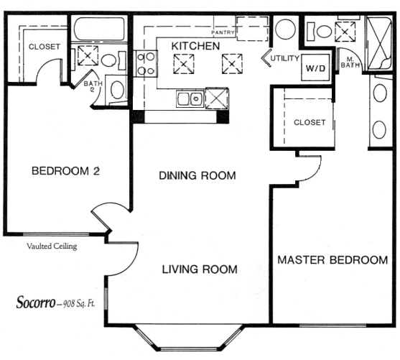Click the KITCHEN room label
coord(195,46)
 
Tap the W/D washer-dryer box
coord(315,68)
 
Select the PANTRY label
coord(223,32)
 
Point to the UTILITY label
coord(284,58)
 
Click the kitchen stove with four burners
coord(145,63)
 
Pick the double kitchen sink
coord(190,98)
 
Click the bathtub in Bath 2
coord(100,29)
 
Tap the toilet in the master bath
coord(320,32)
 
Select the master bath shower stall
coord(379,43)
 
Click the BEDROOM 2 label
coord(65,171)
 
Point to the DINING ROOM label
coord(197,175)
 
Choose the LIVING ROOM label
coord(200,269)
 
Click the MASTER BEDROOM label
coord(332,260)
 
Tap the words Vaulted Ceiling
coord(52,246)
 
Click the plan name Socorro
coord(36,302)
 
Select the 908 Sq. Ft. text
coord(79,304)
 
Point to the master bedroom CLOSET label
coord(310,123)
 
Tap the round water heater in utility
coord(286,29)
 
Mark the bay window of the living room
coord(189,338)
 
